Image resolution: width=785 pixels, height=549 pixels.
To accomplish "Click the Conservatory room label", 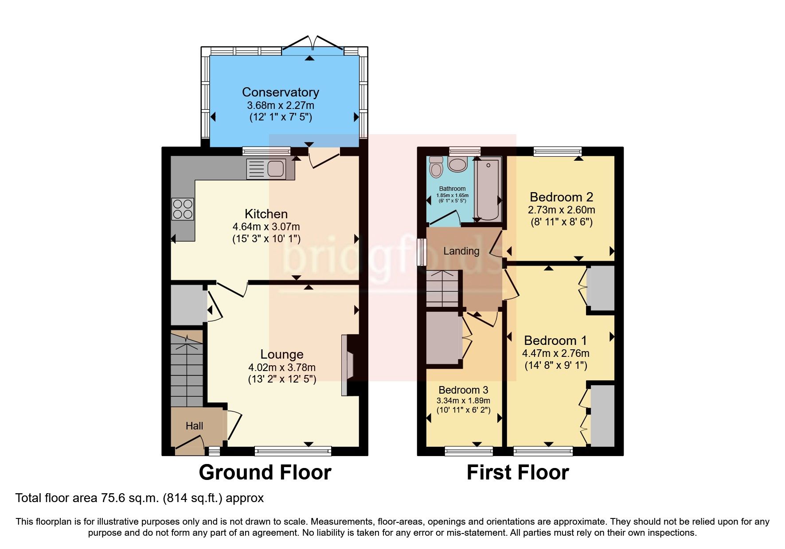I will (x=280, y=92).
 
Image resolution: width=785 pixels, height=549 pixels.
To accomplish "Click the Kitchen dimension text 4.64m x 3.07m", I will (x=266, y=227).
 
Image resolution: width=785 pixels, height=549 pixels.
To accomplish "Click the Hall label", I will (x=194, y=426).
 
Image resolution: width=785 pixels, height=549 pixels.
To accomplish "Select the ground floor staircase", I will (x=187, y=370).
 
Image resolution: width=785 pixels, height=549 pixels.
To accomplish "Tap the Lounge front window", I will (x=293, y=451).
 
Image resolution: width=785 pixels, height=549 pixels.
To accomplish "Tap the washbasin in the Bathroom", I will (x=457, y=165).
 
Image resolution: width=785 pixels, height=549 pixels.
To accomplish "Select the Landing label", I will (x=461, y=251).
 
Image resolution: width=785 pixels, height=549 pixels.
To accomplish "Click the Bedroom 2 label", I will (x=561, y=197).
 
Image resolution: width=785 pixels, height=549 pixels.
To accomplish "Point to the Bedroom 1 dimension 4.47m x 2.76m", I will (x=555, y=353).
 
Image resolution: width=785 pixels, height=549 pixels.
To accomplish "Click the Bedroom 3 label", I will (x=463, y=390).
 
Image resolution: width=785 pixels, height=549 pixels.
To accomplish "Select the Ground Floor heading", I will (x=265, y=472).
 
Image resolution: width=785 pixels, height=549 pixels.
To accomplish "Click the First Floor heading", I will (x=517, y=472).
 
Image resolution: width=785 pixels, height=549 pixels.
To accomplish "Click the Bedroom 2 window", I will (x=558, y=151).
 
